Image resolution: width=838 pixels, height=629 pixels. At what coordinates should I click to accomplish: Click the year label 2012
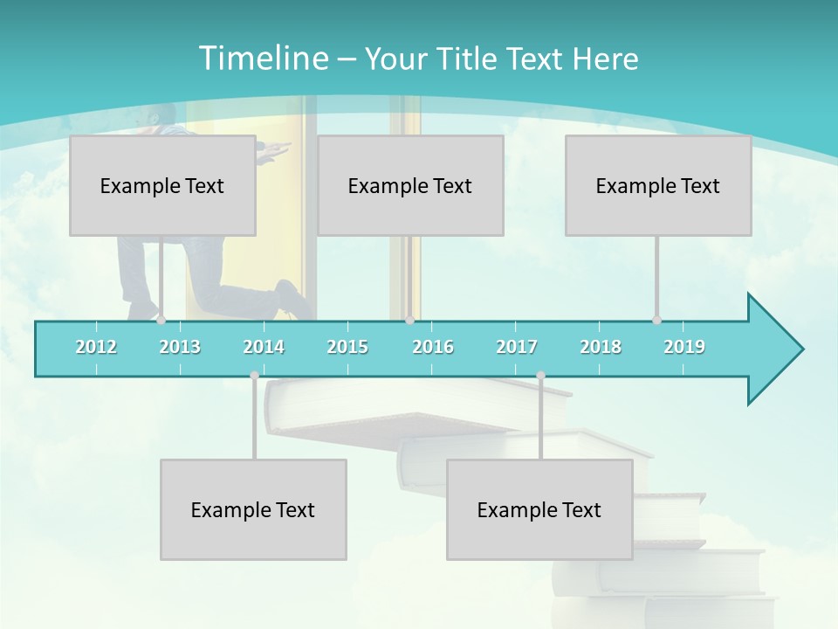pyautogui.click(x=96, y=347)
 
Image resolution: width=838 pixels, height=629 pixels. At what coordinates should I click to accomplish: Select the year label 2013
pyautogui.click(x=180, y=347)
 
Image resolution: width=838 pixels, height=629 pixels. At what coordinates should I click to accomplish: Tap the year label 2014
pyautogui.click(x=264, y=347)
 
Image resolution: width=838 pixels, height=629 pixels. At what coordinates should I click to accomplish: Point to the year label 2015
pyautogui.click(x=347, y=347)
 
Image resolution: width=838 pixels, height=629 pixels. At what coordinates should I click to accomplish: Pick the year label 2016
pyautogui.click(x=433, y=347)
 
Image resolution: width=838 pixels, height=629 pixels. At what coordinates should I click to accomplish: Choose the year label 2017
pyautogui.click(x=517, y=347)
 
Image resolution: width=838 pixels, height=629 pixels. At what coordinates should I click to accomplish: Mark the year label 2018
pyautogui.click(x=601, y=347)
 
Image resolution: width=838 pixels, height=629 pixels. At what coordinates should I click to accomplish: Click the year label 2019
pyautogui.click(x=684, y=347)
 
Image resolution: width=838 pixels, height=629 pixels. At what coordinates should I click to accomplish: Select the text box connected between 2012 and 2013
pyautogui.click(x=162, y=185)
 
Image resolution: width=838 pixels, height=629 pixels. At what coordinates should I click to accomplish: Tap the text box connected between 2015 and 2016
pyautogui.click(x=410, y=185)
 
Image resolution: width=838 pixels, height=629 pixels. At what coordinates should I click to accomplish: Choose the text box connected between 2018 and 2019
pyautogui.click(x=658, y=185)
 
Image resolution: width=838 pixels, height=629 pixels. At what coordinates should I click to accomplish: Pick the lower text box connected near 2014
pyautogui.click(x=253, y=509)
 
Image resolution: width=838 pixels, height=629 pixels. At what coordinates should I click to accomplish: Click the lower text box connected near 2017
pyautogui.click(x=539, y=509)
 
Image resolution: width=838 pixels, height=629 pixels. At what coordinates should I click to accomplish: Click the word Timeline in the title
pyautogui.click(x=262, y=59)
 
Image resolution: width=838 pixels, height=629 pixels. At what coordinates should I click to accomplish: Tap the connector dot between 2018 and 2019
pyautogui.click(x=656, y=320)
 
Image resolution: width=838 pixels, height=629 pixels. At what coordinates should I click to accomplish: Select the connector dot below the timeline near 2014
pyautogui.click(x=254, y=376)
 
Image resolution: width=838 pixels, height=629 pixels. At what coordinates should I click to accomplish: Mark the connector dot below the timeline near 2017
pyautogui.click(x=540, y=376)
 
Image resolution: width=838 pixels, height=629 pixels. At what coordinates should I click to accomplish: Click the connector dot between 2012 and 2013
pyautogui.click(x=161, y=320)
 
